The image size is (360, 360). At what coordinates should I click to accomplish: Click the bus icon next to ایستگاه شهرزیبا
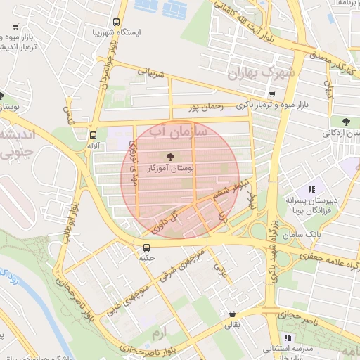pyautogui.click(x=116, y=21)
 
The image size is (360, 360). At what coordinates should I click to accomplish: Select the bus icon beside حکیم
pyautogui.click(x=146, y=247)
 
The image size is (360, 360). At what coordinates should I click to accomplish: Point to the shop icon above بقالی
pyautogui.click(x=232, y=314)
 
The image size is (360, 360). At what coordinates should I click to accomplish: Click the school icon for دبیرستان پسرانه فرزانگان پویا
pyautogui.click(x=311, y=189)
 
